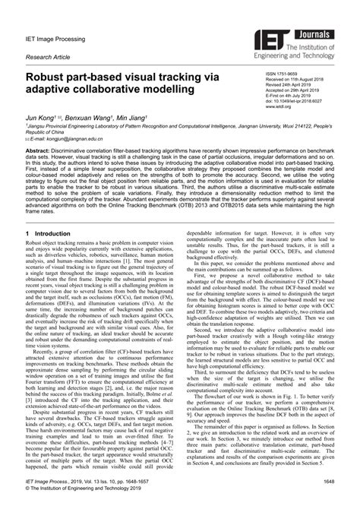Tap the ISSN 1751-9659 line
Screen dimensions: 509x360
tap(283, 68)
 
